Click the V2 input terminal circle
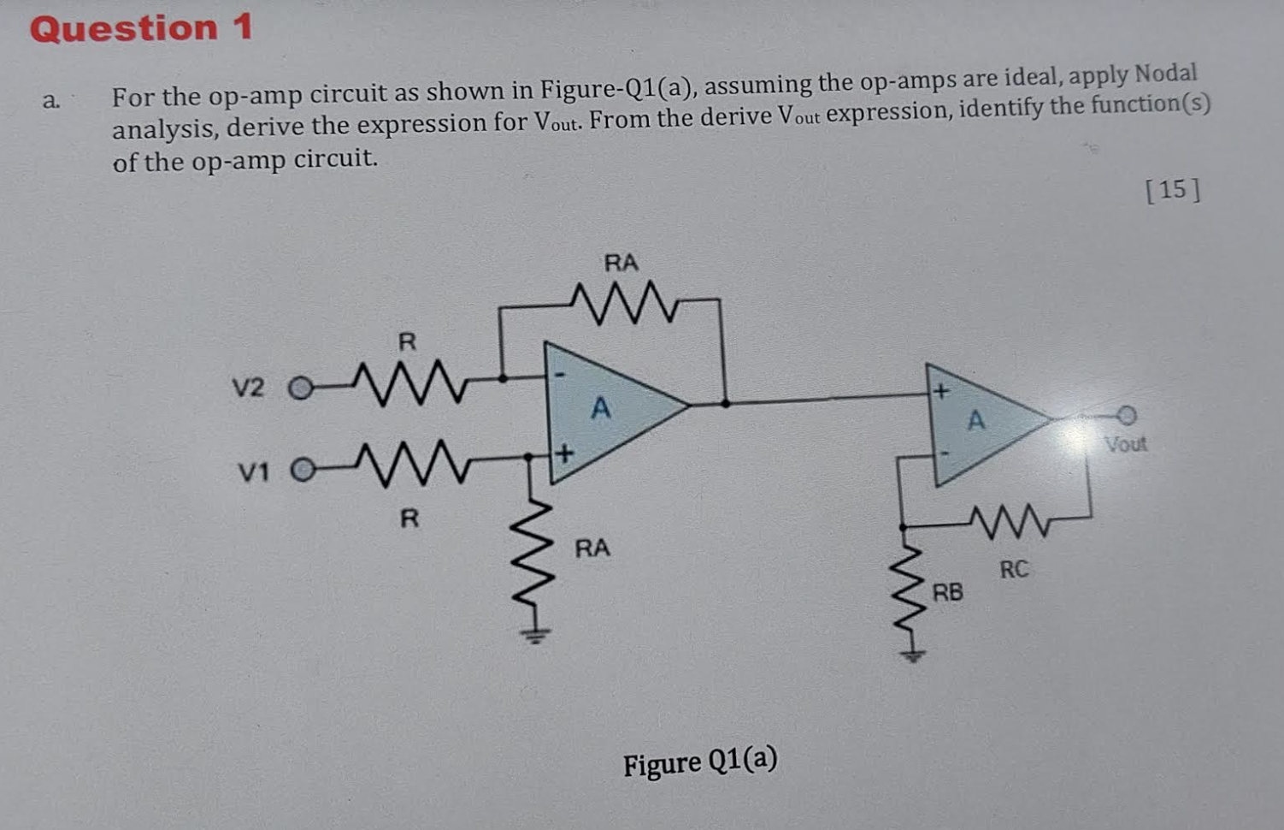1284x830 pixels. [x=299, y=389]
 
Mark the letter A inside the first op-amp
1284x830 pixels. [x=601, y=409]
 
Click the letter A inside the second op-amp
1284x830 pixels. [x=975, y=420]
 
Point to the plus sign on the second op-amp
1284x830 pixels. [x=941, y=392]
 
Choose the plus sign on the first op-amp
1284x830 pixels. [x=564, y=452]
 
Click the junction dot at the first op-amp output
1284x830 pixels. [x=725, y=402]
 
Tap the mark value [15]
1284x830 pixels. [x=1172, y=189]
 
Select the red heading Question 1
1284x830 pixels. [x=141, y=28]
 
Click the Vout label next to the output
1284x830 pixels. [x=1125, y=444]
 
